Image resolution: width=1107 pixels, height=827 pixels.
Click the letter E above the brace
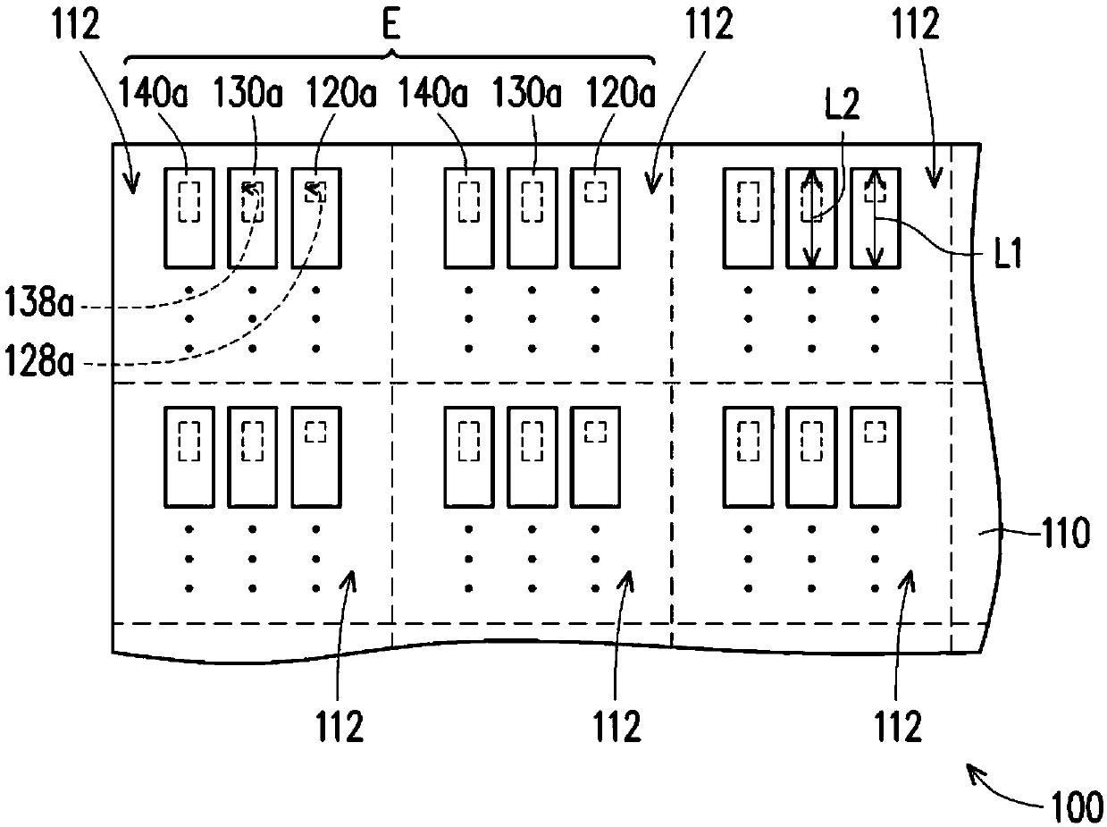point(391,24)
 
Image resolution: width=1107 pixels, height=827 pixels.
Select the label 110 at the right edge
point(1065,533)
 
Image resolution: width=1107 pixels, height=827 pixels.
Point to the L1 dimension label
point(1008,253)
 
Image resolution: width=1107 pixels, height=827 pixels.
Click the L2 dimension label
point(843,105)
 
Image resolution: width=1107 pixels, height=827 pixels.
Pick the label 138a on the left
point(39,303)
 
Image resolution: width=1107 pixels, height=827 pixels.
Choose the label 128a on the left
point(39,362)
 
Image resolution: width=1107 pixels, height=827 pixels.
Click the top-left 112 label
point(76,24)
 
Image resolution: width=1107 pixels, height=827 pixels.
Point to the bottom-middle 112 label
point(617,726)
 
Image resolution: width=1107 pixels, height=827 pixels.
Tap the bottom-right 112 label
point(898,726)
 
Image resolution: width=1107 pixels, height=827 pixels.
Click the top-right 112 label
point(916,24)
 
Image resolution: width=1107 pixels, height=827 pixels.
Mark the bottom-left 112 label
point(340,726)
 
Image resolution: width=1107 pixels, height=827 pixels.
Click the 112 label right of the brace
point(709,24)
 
